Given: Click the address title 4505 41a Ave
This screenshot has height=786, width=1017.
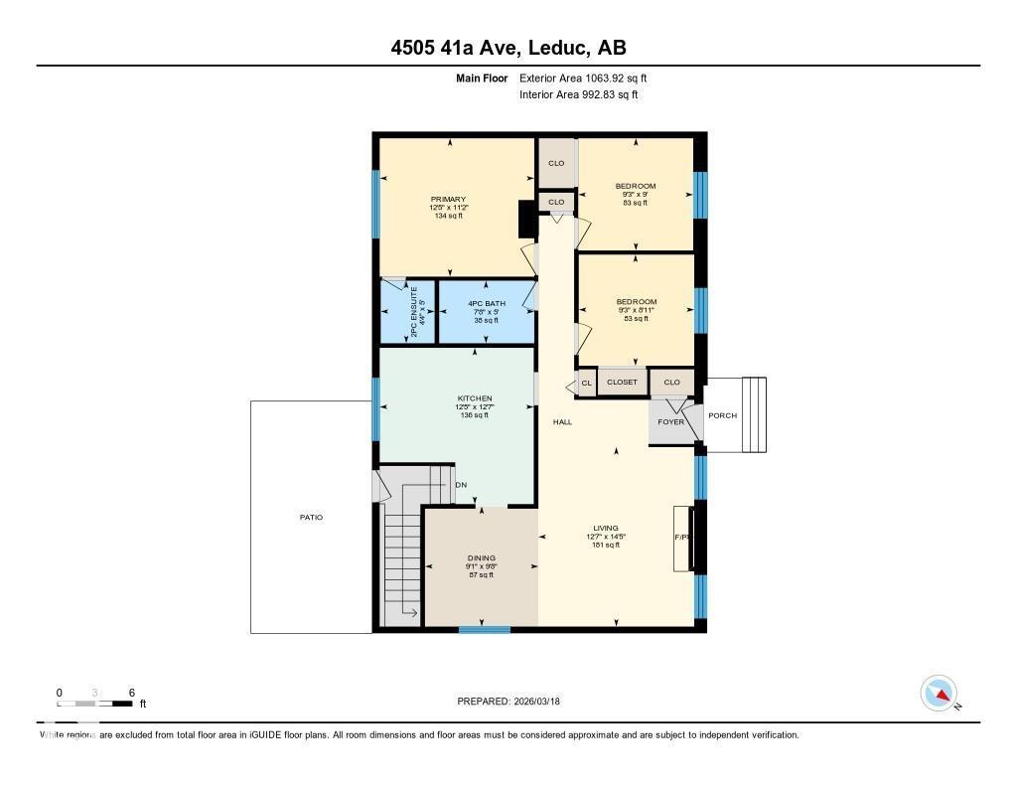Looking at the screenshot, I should pyautogui.click(x=508, y=48).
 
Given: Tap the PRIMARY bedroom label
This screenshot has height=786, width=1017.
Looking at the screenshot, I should pyautogui.click(x=448, y=199).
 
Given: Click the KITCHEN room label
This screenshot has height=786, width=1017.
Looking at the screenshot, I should pyautogui.click(x=474, y=398).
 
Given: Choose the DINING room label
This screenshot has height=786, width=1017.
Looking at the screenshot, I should pyautogui.click(x=481, y=558).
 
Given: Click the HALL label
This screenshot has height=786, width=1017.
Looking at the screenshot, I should pyautogui.click(x=562, y=422).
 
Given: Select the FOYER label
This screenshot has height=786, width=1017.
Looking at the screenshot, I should pyautogui.click(x=670, y=422).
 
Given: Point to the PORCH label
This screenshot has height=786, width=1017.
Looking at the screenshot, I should pyautogui.click(x=722, y=415).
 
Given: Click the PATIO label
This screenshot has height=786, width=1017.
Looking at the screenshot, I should pyautogui.click(x=310, y=518).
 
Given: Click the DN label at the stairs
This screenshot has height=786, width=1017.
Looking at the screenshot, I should pyautogui.click(x=461, y=485).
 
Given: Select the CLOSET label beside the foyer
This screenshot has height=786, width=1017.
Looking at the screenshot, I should pyautogui.click(x=622, y=383).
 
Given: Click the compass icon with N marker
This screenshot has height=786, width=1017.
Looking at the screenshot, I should pyautogui.click(x=940, y=693).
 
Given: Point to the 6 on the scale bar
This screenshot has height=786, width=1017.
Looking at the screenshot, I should pyautogui.click(x=130, y=693).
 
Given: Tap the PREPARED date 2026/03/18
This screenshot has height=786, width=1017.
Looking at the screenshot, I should pyautogui.click(x=514, y=702).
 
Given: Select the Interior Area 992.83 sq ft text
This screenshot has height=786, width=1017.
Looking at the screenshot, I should pyautogui.click(x=578, y=95).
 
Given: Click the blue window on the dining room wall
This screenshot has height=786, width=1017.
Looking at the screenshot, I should pyautogui.click(x=485, y=629).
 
